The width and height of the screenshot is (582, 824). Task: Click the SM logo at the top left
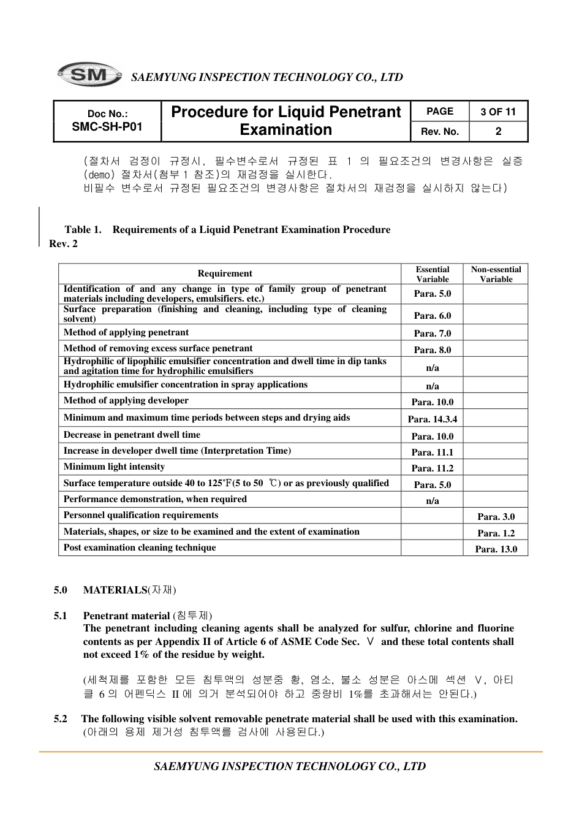click(89, 75)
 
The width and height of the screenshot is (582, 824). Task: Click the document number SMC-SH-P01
click(107, 127)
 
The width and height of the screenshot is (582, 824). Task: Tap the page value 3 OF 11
click(498, 112)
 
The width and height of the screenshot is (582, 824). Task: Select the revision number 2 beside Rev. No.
click(498, 131)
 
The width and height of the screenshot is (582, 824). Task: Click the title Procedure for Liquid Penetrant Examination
click(286, 121)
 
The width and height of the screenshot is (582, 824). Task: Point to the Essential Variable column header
click(432, 274)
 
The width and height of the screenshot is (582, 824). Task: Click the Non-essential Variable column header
click(496, 274)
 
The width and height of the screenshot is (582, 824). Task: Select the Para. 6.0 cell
click(432, 315)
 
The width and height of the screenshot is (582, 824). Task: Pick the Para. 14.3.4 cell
click(432, 419)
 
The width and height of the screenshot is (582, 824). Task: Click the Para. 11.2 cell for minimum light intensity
click(432, 468)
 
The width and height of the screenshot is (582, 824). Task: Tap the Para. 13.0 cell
click(496, 549)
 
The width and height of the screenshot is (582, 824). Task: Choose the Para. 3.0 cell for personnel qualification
click(496, 516)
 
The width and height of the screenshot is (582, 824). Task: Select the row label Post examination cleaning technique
click(140, 547)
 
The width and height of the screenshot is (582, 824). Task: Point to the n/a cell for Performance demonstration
click(432, 500)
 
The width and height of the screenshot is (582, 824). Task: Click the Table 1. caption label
click(83, 229)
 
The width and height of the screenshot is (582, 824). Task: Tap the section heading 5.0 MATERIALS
click(115, 590)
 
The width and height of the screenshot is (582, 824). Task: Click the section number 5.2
click(60, 719)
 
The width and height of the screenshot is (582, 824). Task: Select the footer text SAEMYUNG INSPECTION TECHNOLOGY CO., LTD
click(290, 766)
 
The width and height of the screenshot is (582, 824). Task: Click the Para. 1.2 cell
click(496, 533)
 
